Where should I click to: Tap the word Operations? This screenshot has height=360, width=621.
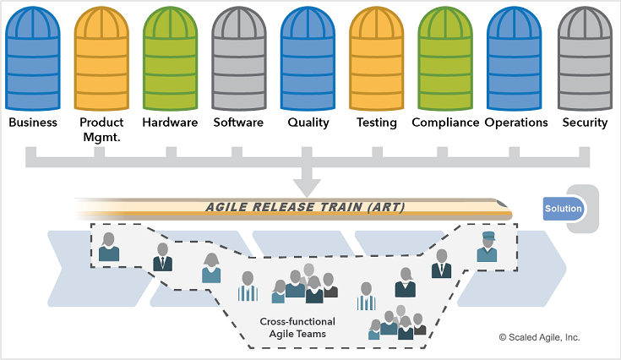(x=516, y=123)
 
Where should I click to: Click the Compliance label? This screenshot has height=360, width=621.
(x=445, y=123)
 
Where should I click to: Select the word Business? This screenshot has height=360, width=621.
(x=33, y=123)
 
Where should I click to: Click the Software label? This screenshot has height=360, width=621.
(x=238, y=123)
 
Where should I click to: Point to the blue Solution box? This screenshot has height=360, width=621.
(x=564, y=209)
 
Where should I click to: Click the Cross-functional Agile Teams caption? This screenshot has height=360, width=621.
(x=297, y=328)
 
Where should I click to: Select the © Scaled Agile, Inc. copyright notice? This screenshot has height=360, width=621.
(x=539, y=336)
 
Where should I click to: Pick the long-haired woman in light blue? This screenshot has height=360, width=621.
(x=211, y=268)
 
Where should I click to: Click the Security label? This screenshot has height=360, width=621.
(x=585, y=123)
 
